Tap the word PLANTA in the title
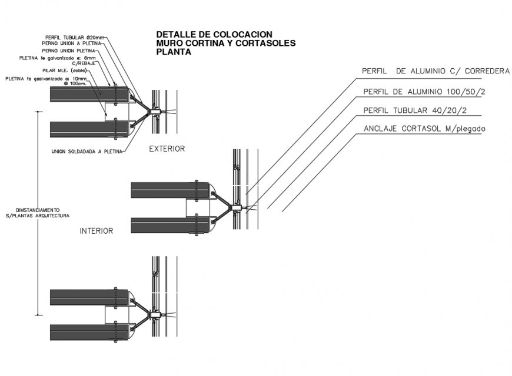(174, 52)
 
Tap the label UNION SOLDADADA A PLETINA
(87, 151)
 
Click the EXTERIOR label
(167, 149)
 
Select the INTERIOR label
(96, 231)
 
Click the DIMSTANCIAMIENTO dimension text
(38, 210)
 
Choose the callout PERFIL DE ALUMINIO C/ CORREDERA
(435, 71)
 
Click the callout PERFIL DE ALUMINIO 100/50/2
(424, 92)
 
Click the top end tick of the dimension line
(39, 110)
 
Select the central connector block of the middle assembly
(236, 207)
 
